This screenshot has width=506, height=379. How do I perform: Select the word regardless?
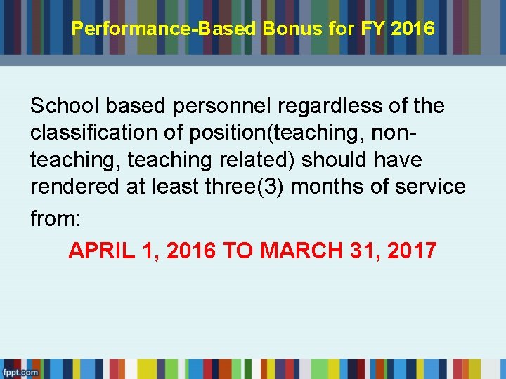[325, 106]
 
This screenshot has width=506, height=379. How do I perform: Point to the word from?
[56, 218]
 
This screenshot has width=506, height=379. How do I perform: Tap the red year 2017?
[409, 251]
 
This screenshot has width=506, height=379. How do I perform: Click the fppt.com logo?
[20, 372]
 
